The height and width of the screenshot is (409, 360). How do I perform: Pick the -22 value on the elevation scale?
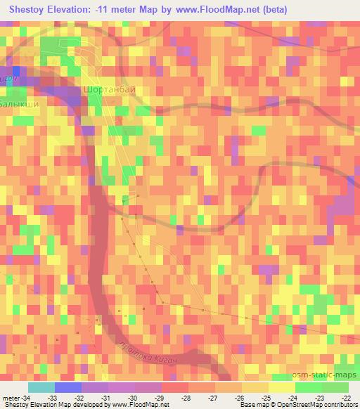tap(347, 398)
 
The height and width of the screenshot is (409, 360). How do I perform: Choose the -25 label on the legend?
tap(266, 398)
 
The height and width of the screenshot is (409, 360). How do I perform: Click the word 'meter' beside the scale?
tap(10, 398)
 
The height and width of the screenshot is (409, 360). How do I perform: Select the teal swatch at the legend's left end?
tap(41, 387)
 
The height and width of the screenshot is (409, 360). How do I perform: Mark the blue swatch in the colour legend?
tap(67, 387)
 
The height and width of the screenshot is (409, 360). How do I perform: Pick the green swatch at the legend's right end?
tap(335, 387)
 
